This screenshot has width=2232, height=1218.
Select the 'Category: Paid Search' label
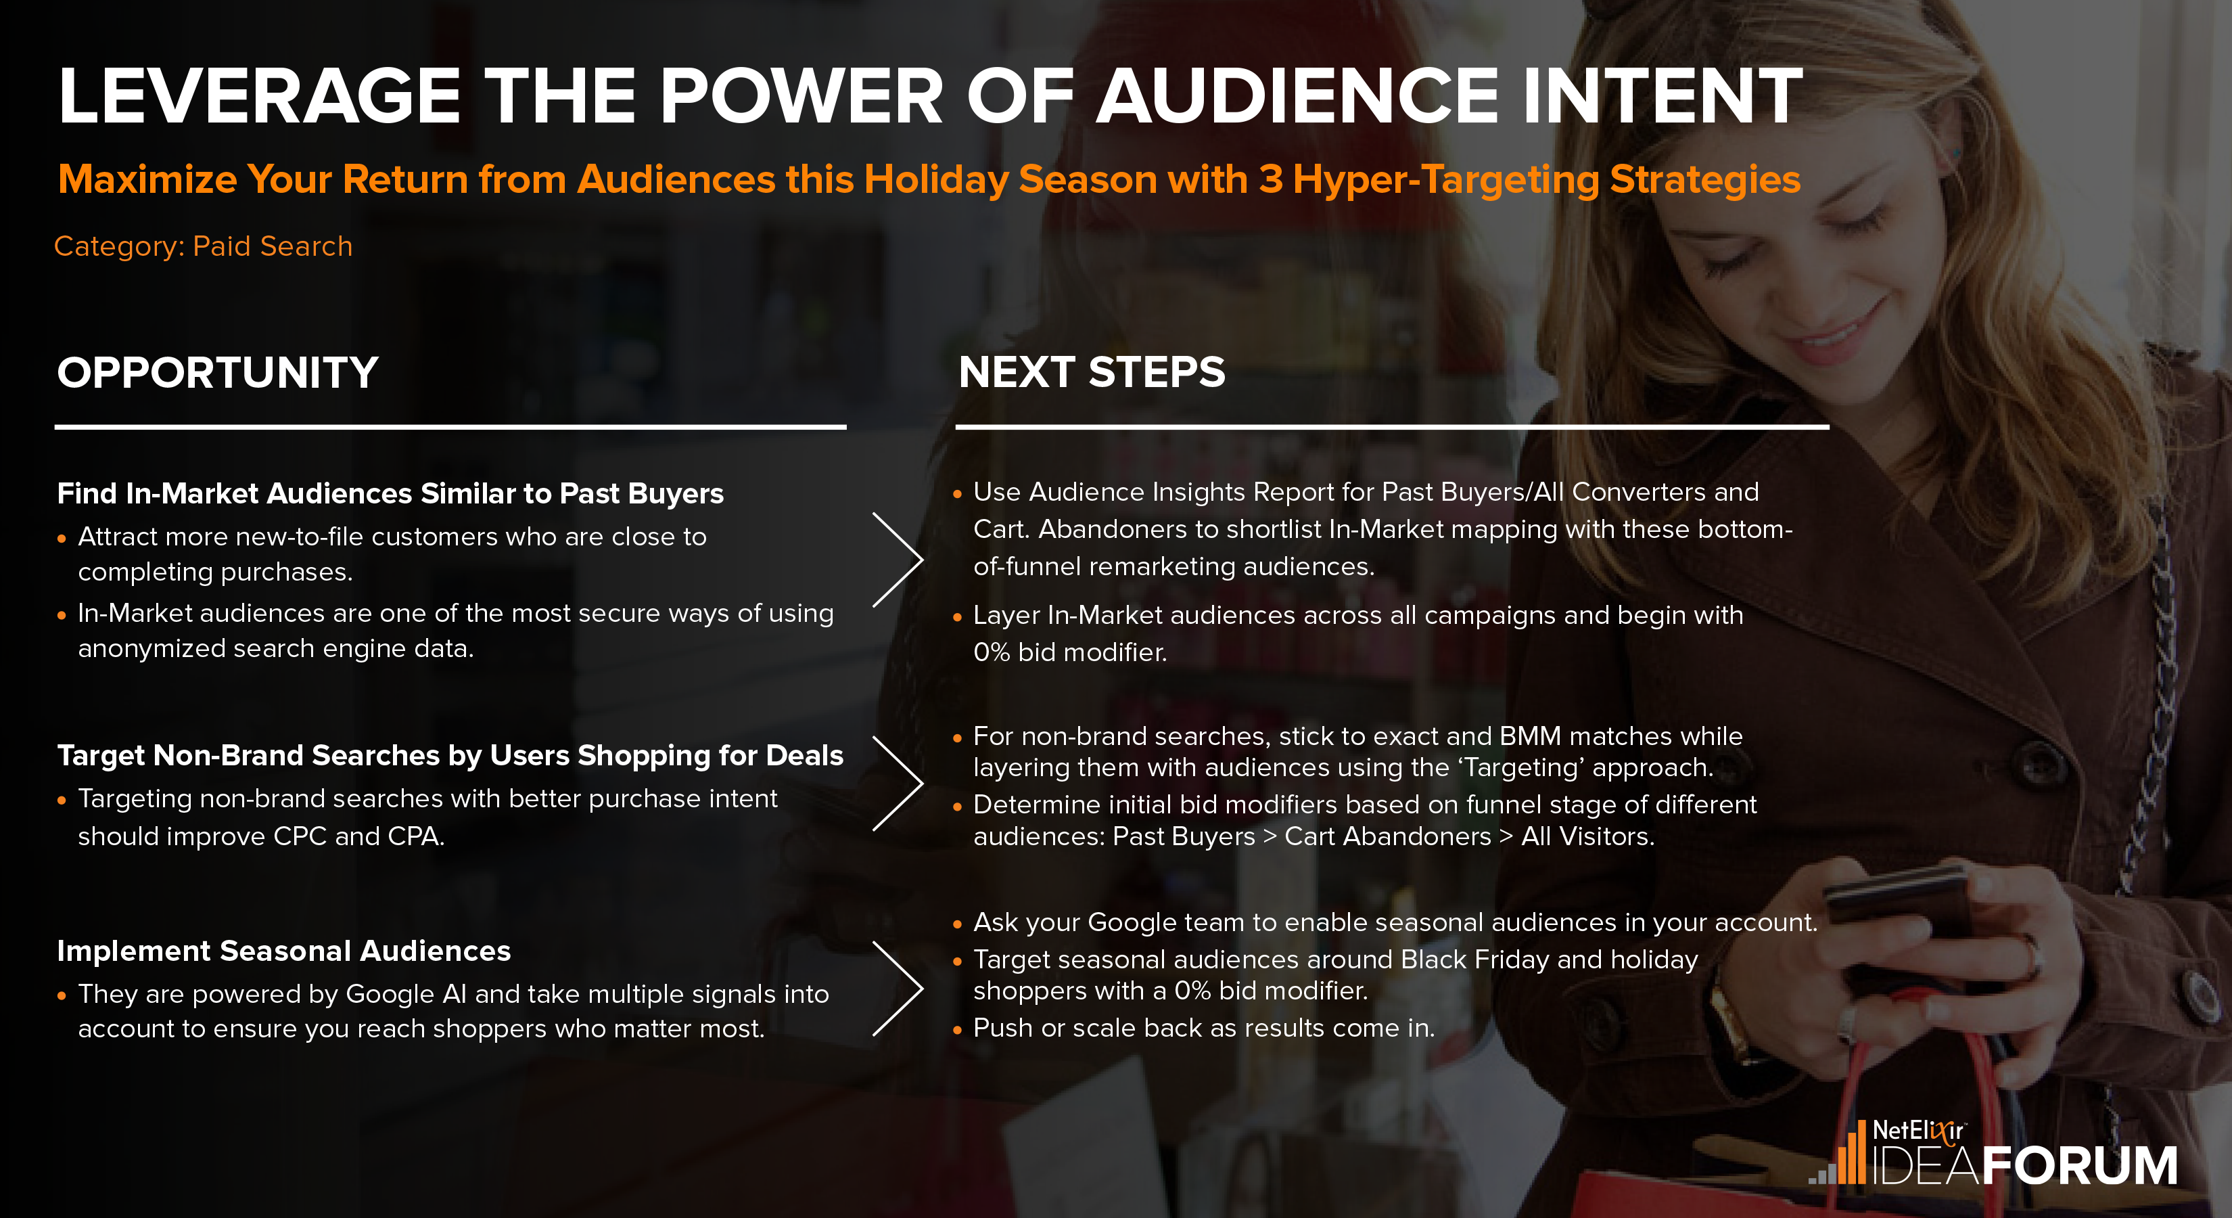(203, 246)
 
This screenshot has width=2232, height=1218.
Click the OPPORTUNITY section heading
(218, 373)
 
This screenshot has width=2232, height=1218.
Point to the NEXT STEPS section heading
(1092, 373)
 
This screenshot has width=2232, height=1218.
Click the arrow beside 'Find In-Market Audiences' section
(898, 559)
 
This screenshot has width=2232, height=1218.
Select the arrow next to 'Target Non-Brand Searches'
(898, 783)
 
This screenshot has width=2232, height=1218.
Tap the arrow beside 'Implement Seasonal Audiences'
(898, 988)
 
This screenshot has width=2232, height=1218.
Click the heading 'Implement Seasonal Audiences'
(283, 951)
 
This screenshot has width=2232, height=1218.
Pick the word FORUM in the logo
(2080, 1165)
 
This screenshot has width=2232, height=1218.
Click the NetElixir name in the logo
(1917, 1131)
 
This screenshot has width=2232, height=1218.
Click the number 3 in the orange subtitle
(1270, 179)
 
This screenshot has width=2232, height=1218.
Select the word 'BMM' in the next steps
(1530, 736)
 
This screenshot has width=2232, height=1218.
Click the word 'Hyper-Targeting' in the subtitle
(1445, 179)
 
